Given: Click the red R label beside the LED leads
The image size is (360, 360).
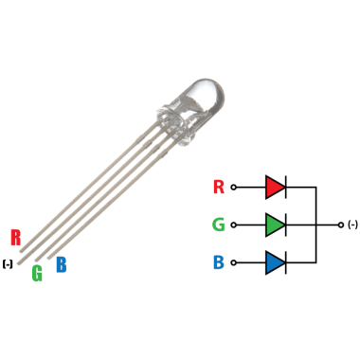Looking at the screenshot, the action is click(15, 238).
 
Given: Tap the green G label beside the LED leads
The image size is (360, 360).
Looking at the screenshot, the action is click(37, 273).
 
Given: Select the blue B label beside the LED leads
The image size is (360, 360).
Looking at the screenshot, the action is click(62, 264).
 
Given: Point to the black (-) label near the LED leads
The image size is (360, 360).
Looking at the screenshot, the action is click(8, 264).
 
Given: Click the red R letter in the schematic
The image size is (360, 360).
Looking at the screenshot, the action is click(219, 187).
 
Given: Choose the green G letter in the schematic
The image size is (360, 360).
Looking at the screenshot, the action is click(219, 225).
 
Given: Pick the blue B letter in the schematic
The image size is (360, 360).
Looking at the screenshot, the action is click(219, 262).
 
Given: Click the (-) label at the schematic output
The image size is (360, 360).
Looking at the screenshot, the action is click(352, 225).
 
